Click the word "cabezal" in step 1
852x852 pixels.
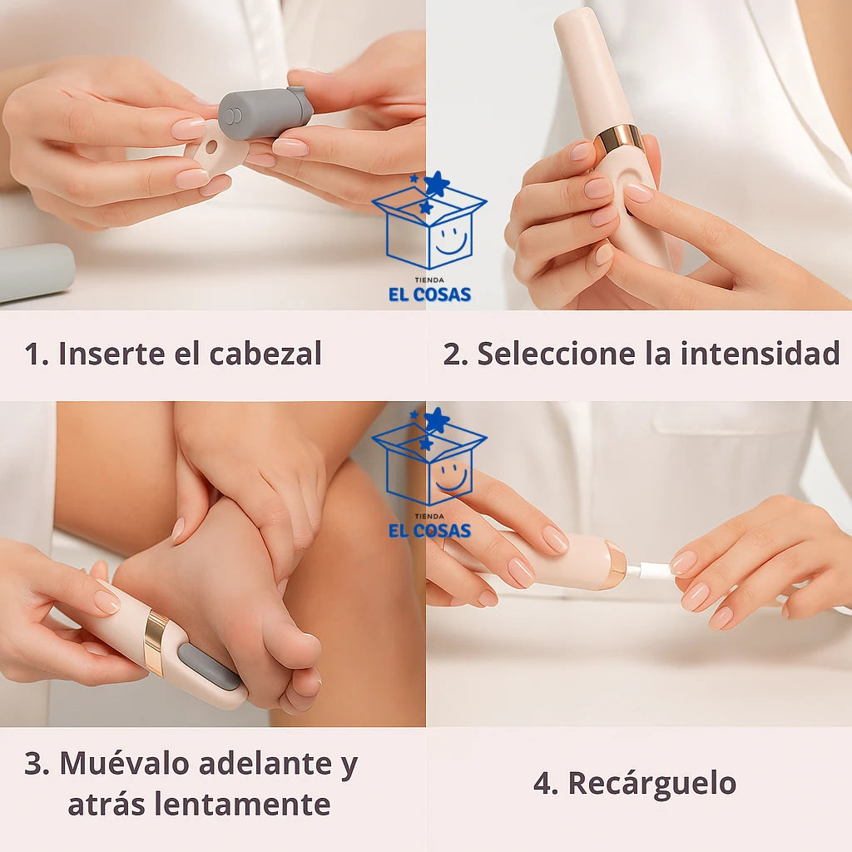(x=265, y=354)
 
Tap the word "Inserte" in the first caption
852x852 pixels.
(x=111, y=354)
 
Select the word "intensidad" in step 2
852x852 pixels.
(x=760, y=354)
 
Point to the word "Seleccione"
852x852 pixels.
(x=557, y=354)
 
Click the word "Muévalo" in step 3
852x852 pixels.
(x=125, y=763)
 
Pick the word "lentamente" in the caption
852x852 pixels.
(x=242, y=804)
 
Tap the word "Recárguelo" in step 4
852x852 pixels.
(x=652, y=784)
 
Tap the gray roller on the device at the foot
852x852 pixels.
(x=209, y=666)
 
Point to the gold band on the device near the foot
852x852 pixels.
(x=156, y=643)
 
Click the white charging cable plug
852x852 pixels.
(x=649, y=572)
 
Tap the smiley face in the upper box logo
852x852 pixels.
(x=451, y=240)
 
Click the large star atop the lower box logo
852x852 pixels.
(x=437, y=420)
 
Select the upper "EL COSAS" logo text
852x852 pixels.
(x=429, y=295)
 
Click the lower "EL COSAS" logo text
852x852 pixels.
(x=429, y=531)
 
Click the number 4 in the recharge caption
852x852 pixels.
(x=543, y=784)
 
